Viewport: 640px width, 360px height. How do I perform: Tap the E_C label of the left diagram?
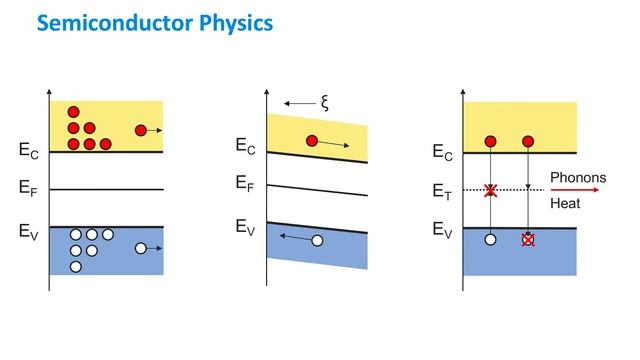[30, 152]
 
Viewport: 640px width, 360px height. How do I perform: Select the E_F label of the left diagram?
[30, 188]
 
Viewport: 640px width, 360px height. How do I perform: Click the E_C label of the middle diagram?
[246, 147]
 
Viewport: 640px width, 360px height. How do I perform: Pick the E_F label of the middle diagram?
[246, 183]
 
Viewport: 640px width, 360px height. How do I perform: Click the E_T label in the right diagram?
[443, 191]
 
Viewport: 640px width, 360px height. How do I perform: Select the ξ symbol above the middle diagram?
[325, 101]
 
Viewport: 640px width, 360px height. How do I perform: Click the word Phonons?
[578, 178]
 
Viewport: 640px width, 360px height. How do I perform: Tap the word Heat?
[565, 203]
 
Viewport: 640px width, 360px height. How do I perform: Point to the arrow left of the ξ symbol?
[298, 102]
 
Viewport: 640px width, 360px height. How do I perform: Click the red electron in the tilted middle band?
[312, 141]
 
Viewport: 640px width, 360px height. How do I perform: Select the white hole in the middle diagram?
[317, 240]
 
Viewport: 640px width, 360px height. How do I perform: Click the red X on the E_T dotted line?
[490, 191]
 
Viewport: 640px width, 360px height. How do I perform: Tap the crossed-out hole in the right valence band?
[528, 240]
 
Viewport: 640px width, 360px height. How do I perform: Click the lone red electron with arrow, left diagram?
[140, 130]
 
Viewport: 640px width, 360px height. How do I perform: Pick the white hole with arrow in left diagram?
[140, 248]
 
